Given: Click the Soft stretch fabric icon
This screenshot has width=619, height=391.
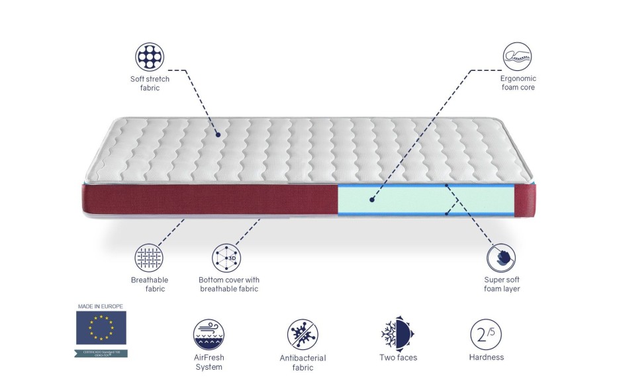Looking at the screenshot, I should pos(150,57).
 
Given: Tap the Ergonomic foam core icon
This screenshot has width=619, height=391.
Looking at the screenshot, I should pos(518,57).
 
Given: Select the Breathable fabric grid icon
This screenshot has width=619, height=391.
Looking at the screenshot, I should pos(149,258).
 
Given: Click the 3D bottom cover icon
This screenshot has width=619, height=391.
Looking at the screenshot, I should pos(226,258).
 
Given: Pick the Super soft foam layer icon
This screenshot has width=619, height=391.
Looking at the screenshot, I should pos(501,258).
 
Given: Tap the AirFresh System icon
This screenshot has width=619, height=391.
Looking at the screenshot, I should pos(209,334).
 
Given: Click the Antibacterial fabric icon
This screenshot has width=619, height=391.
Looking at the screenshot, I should pos(303,335).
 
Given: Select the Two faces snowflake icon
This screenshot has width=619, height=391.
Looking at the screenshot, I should pos(397,334).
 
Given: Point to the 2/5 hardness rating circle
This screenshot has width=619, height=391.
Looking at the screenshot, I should pos(485,334).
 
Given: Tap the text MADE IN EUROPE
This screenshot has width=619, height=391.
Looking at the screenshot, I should pos(101,307).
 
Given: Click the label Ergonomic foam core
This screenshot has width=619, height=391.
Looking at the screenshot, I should pos(518,83).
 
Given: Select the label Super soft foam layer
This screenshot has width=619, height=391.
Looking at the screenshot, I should pos(502,284).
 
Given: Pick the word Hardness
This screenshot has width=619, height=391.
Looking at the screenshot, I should pos(486,357).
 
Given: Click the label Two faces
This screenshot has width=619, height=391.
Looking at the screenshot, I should pos(398,358).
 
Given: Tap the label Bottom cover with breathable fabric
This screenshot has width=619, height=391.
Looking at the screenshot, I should pos(228,284).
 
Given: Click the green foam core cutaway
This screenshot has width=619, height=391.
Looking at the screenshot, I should pos(424,199).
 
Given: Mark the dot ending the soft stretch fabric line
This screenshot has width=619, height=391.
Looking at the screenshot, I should pos(218,135).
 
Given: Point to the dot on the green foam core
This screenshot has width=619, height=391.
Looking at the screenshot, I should pos(371,197).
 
